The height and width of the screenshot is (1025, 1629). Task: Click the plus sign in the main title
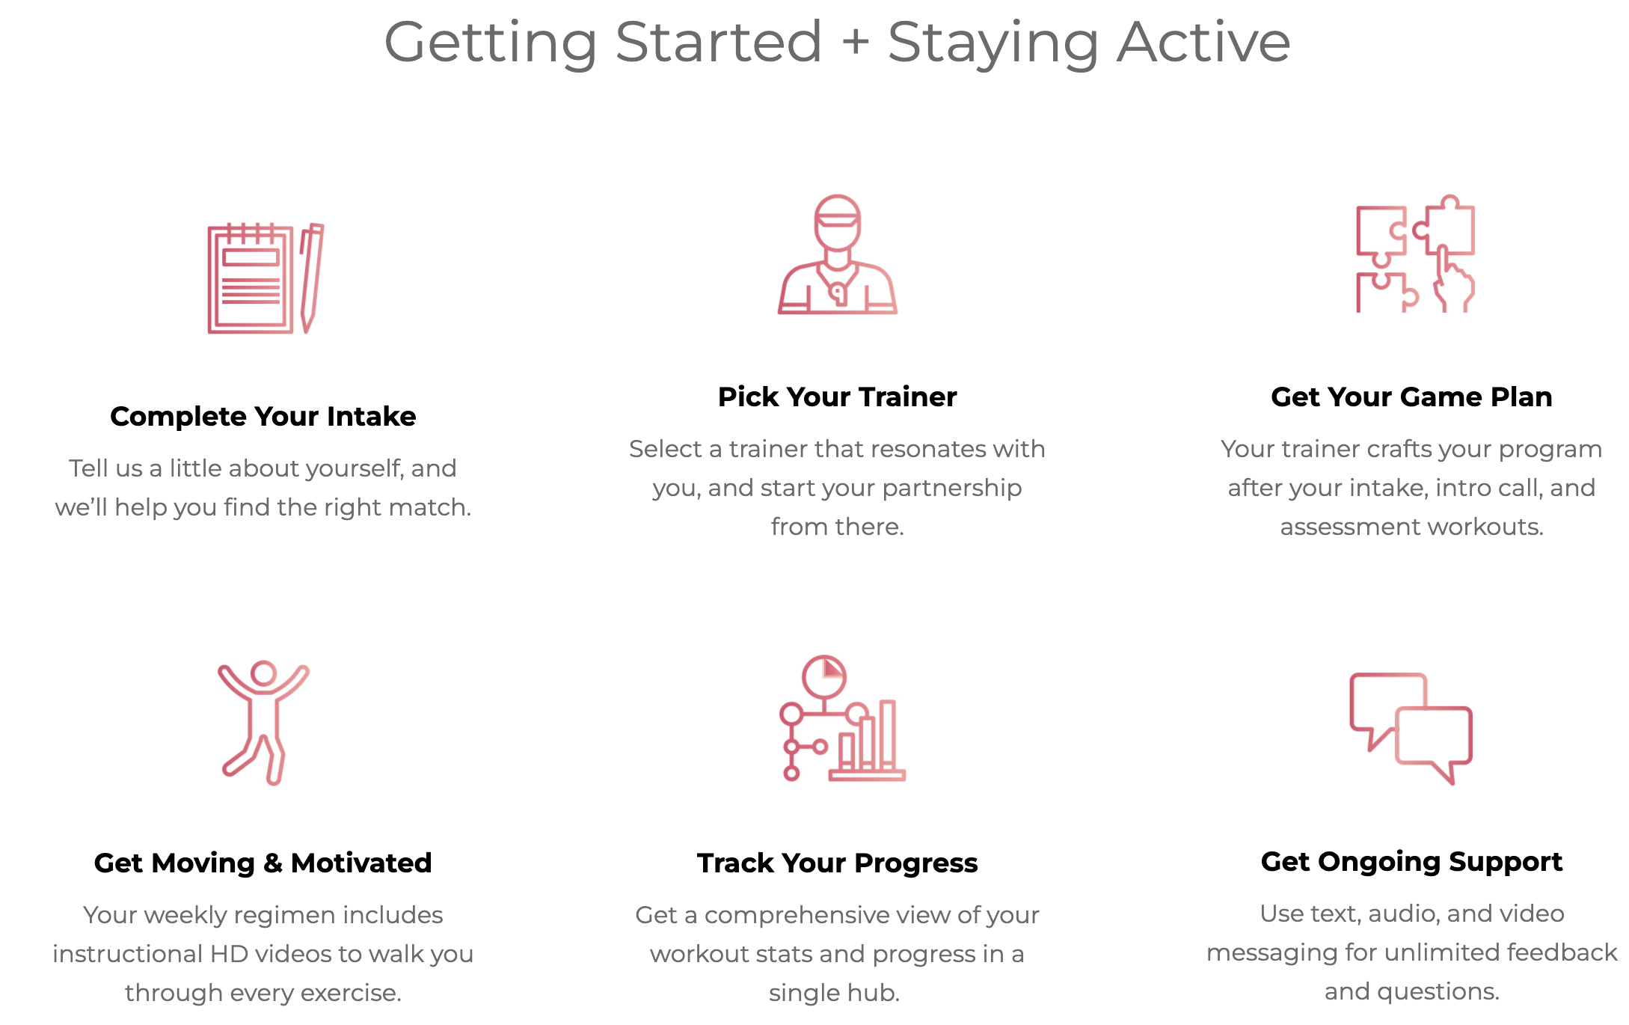(x=855, y=42)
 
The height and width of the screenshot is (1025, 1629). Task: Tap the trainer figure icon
(x=837, y=254)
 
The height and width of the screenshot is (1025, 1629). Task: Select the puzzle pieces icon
(x=1415, y=254)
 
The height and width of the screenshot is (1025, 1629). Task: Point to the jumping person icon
(x=263, y=723)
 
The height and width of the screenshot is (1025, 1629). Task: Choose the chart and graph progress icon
(x=841, y=718)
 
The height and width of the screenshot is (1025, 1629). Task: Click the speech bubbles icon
(x=1411, y=728)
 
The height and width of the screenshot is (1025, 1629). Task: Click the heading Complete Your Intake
(x=263, y=416)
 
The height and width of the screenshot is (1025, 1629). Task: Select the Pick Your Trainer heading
(x=837, y=397)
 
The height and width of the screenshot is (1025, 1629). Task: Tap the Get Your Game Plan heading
(x=1411, y=397)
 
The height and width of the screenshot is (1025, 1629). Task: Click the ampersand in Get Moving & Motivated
(x=273, y=863)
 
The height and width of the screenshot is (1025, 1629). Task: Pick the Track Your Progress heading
(x=837, y=863)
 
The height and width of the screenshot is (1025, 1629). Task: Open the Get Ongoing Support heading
(x=1411, y=862)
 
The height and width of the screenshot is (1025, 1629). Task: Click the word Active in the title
(x=1203, y=42)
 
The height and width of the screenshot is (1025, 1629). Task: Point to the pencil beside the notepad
(x=311, y=278)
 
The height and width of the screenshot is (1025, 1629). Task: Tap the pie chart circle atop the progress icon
(x=824, y=677)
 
